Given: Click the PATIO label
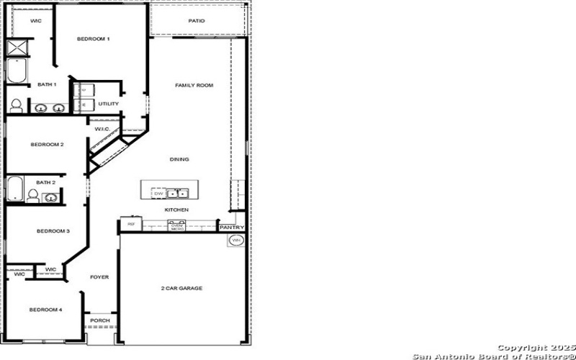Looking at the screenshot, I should click(197, 21).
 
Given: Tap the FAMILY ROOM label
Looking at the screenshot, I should click(194, 86).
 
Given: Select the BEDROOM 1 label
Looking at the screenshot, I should click(94, 39).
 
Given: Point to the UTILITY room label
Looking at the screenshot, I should click(109, 104).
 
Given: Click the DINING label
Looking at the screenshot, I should click(179, 159).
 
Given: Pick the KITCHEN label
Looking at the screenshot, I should click(177, 210).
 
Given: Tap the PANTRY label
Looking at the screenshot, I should click(232, 228).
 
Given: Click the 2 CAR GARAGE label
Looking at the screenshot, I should click(181, 288).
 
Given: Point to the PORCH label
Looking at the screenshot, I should click(99, 320).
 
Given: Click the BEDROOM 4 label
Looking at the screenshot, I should click(46, 310).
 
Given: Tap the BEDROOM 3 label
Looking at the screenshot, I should click(53, 231).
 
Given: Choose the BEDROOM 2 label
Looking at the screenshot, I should click(47, 145).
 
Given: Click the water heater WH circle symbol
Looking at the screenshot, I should click(235, 241).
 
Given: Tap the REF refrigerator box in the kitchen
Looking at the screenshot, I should click(131, 225).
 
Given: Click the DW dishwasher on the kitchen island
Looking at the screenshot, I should click(158, 193).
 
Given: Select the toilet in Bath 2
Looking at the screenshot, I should click(33, 195).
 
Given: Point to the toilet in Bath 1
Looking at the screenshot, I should click(16, 105).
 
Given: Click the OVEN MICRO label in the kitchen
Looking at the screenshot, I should click(177, 226).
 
